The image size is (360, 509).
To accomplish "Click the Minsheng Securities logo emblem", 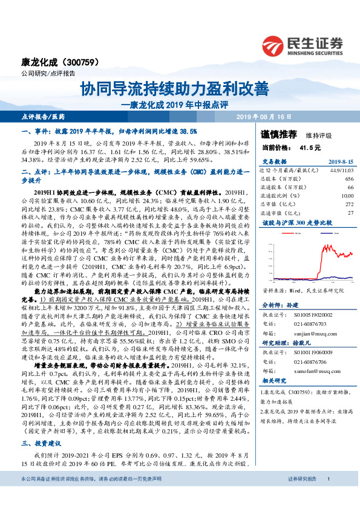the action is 275,45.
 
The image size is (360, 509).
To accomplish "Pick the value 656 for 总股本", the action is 349,180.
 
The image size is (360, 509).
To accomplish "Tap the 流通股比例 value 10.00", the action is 347,196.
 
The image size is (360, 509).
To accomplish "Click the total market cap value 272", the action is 349,204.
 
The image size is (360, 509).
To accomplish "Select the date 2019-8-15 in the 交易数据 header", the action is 341,162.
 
